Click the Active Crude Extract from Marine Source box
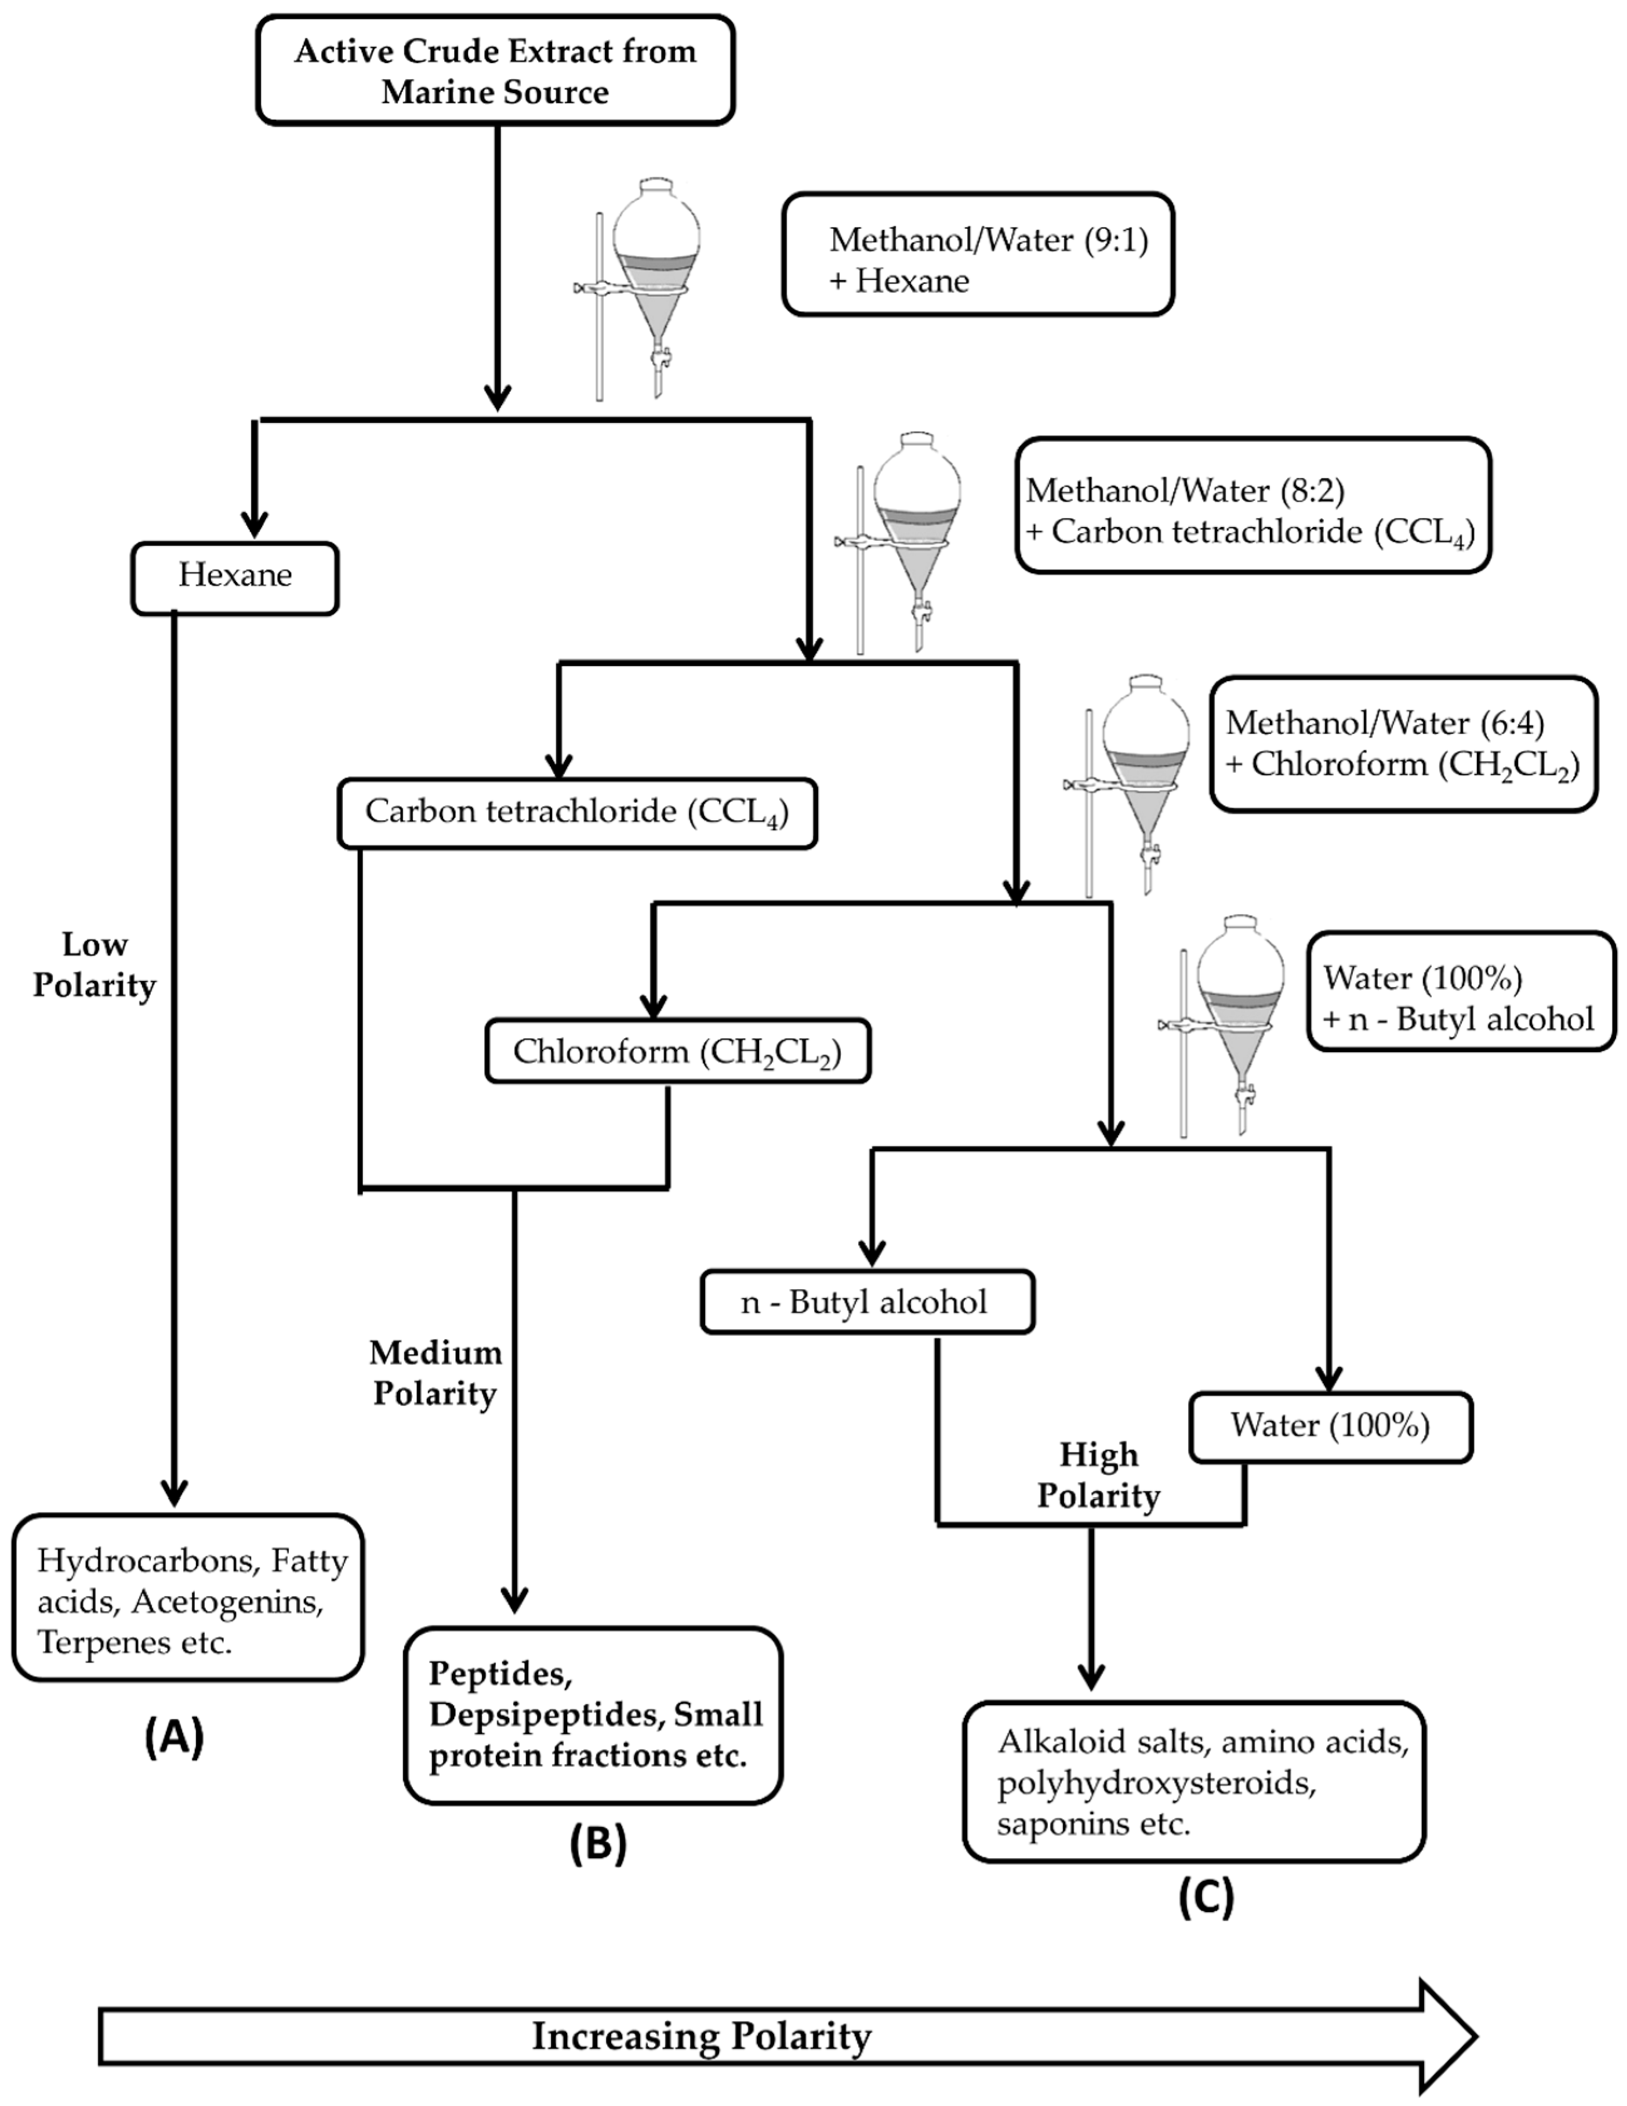(x=495, y=71)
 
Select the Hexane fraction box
(x=234, y=577)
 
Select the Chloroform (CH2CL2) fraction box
(x=677, y=1051)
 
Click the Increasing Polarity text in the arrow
(x=702, y=2035)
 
